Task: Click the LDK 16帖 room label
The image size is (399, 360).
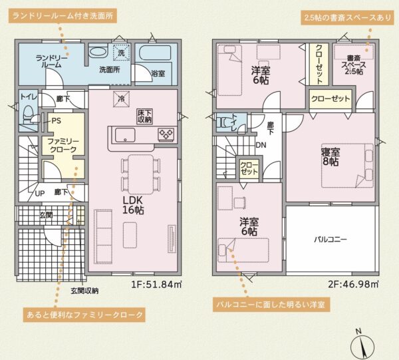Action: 133,205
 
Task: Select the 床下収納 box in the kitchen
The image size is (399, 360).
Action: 145,116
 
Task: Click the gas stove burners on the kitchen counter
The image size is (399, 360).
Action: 166,134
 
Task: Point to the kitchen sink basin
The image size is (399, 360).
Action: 125,135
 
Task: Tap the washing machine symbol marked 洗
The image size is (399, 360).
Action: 121,53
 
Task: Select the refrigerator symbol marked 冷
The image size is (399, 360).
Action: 121,99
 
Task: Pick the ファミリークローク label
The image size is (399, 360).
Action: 63,145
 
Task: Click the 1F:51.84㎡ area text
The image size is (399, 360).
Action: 156,284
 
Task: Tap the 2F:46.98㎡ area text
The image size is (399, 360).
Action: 353,284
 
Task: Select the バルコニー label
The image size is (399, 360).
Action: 330,240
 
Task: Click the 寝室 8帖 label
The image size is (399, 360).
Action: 331,157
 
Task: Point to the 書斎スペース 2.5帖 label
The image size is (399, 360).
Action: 354,65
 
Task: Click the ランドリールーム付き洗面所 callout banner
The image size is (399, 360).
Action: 63,16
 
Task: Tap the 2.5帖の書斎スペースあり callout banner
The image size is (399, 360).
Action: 347,18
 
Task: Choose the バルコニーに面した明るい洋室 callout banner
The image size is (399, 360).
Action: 271,305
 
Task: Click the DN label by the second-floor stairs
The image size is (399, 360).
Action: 261,145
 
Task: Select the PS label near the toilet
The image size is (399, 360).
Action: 57,120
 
